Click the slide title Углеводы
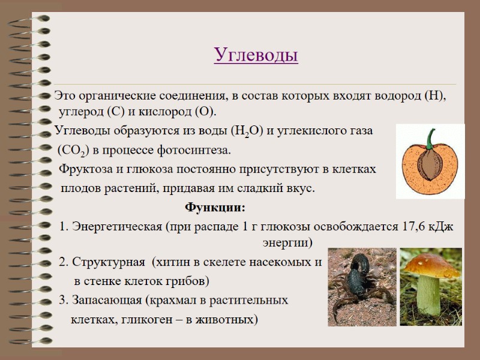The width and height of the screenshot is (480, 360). [x=256, y=56]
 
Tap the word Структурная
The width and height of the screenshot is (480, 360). [x=108, y=262]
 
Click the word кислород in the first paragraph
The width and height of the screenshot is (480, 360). [x=169, y=112]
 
